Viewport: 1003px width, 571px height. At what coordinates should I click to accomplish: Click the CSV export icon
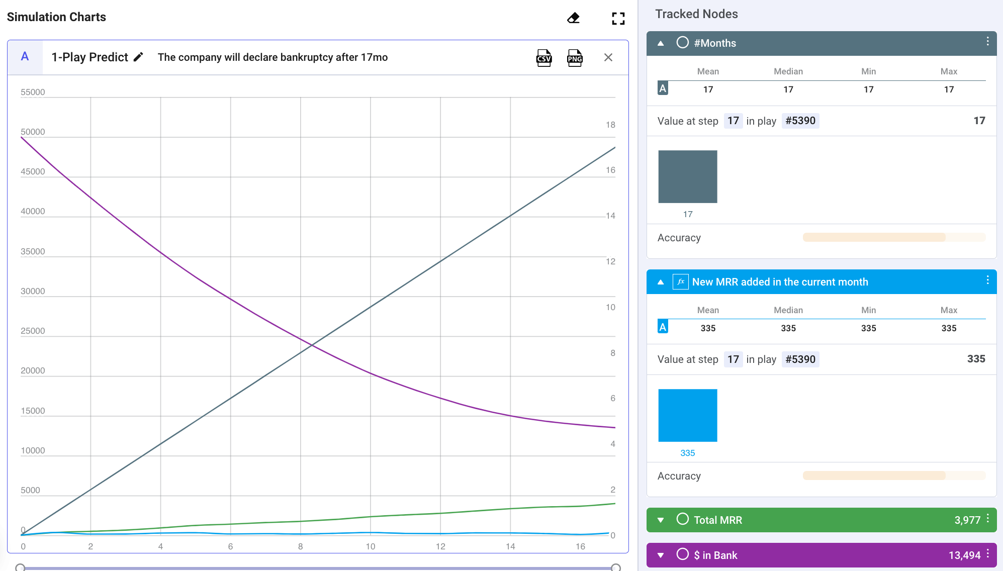[544, 58]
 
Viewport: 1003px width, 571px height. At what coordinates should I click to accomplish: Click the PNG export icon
[575, 58]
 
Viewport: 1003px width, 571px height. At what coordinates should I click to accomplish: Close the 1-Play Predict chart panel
[608, 57]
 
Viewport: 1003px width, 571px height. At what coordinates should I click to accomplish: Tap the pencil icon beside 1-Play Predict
[138, 57]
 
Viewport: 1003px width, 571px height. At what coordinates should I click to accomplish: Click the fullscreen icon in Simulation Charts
[618, 19]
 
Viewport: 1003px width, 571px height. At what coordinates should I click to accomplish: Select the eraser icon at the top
[573, 18]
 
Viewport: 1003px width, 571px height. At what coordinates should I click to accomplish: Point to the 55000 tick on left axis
[33, 92]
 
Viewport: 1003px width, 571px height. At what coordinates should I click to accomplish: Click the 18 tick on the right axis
[610, 125]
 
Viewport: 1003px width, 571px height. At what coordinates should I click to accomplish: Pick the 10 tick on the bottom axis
[371, 546]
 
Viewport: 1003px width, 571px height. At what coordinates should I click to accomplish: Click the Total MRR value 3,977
[967, 520]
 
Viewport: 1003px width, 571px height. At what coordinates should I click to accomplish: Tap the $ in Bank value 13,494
[964, 555]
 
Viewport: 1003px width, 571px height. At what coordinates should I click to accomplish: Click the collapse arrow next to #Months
[661, 43]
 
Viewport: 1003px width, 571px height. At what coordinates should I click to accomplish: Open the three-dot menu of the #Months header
[987, 41]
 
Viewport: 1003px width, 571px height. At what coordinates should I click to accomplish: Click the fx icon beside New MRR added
[680, 282]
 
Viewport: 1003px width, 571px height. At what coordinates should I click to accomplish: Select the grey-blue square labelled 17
[688, 176]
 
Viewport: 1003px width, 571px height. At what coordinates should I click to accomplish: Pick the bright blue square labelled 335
[688, 415]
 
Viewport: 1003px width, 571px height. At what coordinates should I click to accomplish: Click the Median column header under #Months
[788, 71]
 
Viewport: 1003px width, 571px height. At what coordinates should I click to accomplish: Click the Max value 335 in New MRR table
[949, 328]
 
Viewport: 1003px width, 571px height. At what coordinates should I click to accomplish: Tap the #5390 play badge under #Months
[800, 121]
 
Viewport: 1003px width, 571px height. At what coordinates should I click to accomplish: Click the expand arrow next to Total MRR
[661, 520]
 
